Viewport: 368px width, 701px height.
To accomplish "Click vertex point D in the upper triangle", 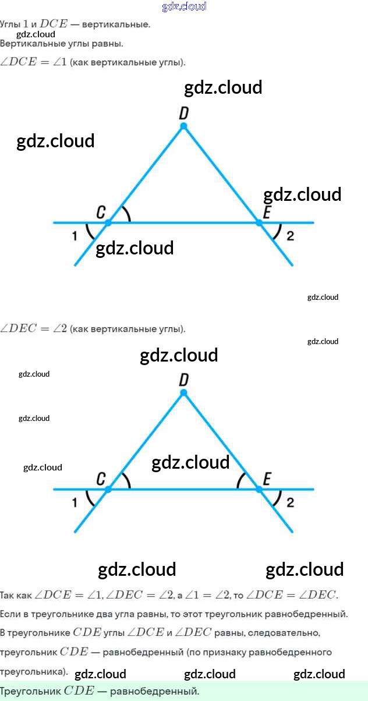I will coord(183,126).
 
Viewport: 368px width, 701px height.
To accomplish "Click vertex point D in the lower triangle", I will coord(183,393).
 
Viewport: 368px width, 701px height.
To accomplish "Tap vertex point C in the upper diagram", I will coord(108,222).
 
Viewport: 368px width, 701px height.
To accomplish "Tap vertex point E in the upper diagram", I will coord(259,222).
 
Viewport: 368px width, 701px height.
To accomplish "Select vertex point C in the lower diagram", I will coord(108,490).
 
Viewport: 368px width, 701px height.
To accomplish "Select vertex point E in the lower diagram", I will coord(259,490).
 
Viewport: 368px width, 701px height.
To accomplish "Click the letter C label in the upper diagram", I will coord(101,213).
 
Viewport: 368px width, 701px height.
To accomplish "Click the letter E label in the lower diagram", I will coord(267,479).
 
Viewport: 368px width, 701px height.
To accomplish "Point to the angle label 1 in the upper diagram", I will coord(75,236).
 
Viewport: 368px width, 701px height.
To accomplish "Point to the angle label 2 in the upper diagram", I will coord(291,236).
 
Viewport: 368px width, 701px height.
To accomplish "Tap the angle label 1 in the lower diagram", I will coord(75,502).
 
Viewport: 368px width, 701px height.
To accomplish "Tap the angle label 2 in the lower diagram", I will coord(291,502).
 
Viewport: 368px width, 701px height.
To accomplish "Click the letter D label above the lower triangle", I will coord(184,380).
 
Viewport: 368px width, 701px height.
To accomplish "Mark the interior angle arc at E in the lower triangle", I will coord(239,481).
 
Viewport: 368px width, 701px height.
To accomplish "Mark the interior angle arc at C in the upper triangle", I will coord(128,215).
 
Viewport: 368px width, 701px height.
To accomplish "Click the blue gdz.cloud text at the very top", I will coord(184,7).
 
